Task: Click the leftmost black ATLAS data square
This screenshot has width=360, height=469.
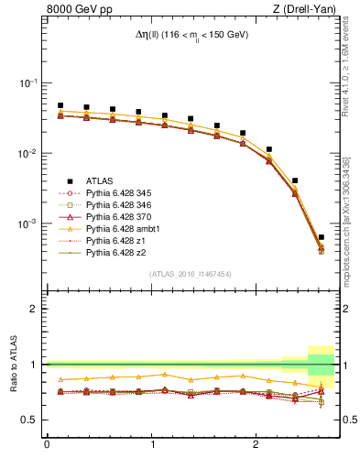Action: (60, 105)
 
